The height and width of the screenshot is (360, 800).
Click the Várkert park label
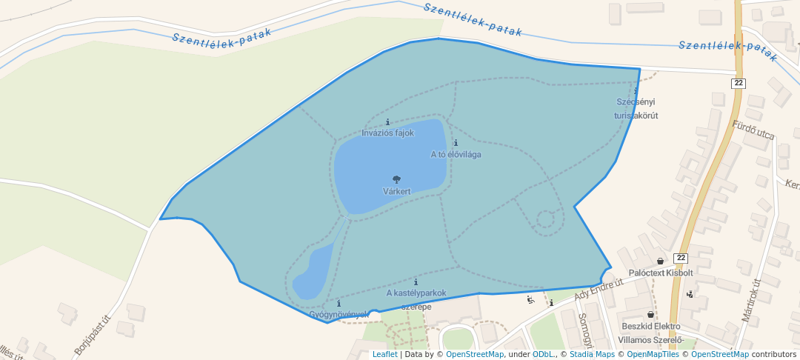[396, 191]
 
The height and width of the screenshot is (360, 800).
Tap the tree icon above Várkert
[396, 179]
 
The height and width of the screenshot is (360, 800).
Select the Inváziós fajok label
[387, 133]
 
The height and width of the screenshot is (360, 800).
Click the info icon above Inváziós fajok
[387, 121]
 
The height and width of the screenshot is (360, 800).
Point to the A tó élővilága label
[456, 155]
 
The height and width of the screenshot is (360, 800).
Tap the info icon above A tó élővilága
[456, 142]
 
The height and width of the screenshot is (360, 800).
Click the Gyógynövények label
[339, 314]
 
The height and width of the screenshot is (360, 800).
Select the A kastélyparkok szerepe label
[416, 299]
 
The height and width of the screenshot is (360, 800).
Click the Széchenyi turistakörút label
[636, 108]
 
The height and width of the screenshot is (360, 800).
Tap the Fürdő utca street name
[753, 131]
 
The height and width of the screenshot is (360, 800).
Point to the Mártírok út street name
[751, 300]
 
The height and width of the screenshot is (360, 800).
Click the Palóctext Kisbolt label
[660, 273]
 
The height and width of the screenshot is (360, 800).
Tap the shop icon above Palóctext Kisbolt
[660, 261]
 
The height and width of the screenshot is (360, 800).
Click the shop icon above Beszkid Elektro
[651, 315]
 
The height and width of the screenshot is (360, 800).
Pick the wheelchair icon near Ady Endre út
[530, 300]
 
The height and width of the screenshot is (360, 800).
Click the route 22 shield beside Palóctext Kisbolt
[681, 257]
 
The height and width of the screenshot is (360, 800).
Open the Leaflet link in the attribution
[384, 354]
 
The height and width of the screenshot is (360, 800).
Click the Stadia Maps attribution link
[592, 354]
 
